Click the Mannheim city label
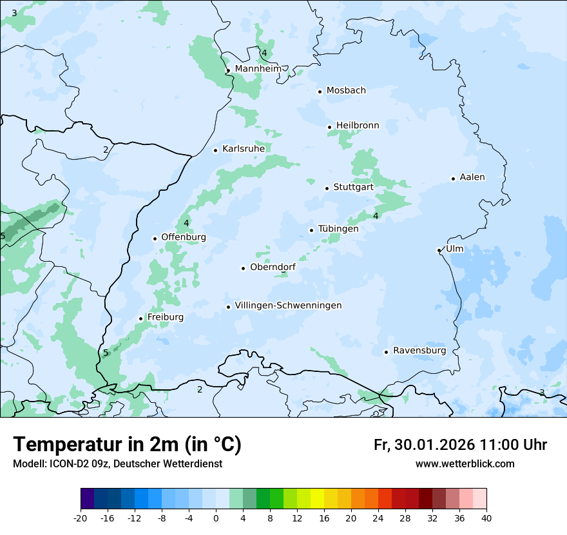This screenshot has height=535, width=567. tap(258, 69)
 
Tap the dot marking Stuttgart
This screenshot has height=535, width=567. tap(327, 188)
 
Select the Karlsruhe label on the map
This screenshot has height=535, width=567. tap(244, 149)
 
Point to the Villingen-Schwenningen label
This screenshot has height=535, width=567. tap(288, 306)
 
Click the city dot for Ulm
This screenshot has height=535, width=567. tap(439, 250)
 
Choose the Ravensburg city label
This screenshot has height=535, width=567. tap(419, 351)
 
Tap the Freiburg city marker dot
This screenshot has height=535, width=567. tap(140, 318)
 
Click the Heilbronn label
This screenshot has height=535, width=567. tap(358, 126)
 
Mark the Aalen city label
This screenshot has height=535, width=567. tap(472, 177)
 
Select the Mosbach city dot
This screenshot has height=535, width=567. tap(320, 92)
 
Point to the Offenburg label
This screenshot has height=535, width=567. tap(184, 237)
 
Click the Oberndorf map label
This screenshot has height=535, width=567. tap(273, 267)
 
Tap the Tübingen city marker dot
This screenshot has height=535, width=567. tap(311, 230)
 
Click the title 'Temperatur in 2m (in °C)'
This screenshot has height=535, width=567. tap(127, 445)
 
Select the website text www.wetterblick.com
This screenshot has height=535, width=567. tap(465, 464)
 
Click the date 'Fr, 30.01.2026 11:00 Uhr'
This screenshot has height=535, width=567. tap(460, 445)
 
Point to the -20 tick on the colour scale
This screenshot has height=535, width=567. tap(81, 518)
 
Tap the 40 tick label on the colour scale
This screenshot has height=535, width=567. tap(486, 518)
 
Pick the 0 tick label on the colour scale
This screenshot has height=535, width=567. tap(216, 518)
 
